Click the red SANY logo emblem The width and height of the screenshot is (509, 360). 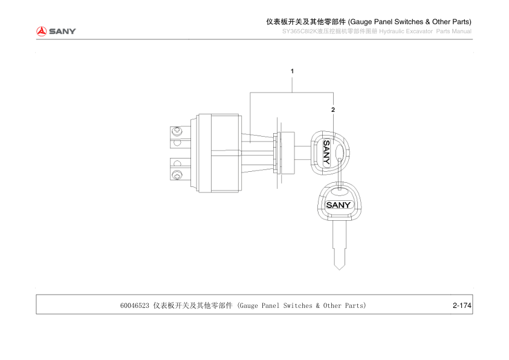tap(41, 31)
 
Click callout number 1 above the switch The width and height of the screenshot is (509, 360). tap(292, 71)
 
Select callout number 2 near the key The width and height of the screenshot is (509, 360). tap(333, 110)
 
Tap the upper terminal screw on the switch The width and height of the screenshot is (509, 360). tap(177, 131)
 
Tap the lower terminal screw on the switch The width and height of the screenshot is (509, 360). tap(177, 175)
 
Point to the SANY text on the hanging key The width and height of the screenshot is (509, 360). tap(339, 205)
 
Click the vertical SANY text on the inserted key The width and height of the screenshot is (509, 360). tap(326, 152)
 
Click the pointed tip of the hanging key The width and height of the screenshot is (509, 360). tap(340, 270)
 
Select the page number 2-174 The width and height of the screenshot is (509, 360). tap(462, 306)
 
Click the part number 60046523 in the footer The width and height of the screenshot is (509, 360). tap(135, 306)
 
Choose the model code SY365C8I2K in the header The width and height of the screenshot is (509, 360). tap(300, 31)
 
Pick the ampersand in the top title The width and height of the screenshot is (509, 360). tap(427, 22)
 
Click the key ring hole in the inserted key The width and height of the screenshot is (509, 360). tap(339, 152)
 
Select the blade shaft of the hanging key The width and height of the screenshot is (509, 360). tap(340, 244)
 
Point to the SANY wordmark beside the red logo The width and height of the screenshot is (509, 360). tap(62, 31)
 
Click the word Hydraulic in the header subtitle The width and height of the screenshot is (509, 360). tap(391, 31)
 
